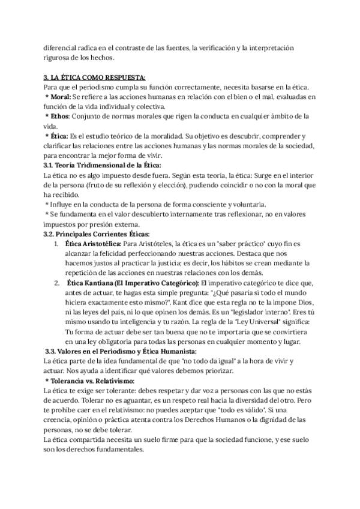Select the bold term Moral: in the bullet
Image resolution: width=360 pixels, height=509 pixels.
click(60, 97)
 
